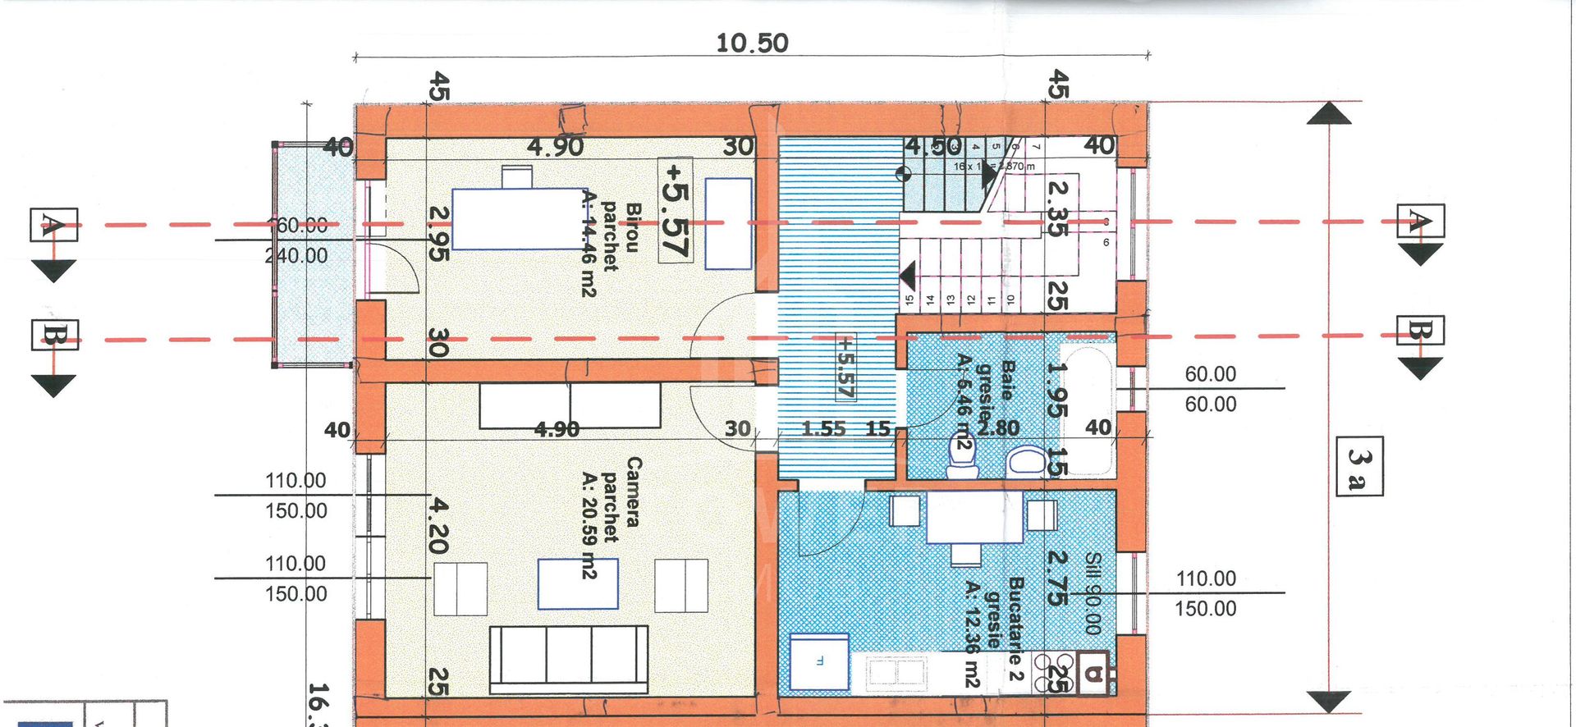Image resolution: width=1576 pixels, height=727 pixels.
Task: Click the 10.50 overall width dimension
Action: tap(752, 43)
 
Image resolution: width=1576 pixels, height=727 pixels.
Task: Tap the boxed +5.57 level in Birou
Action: tap(676, 211)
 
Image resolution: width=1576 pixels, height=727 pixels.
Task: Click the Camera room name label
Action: tap(633, 492)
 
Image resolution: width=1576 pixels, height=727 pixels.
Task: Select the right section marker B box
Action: tap(1420, 331)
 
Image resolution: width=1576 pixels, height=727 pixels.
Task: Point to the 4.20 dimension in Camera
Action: tap(439, 526)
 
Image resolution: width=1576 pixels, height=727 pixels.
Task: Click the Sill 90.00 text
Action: tap(1092, 592)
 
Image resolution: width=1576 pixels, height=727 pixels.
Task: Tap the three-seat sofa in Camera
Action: tap(568, 659)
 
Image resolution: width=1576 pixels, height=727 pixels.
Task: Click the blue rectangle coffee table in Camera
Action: tap(578, 583)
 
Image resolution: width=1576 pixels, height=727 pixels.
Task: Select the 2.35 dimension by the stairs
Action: tap(1058, 208)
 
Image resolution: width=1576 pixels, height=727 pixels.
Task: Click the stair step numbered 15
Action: tap(909, 299)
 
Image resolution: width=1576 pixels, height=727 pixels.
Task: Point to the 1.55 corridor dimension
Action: tap(823, 428)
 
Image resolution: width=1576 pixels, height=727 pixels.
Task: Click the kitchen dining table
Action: tap(974, 517)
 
